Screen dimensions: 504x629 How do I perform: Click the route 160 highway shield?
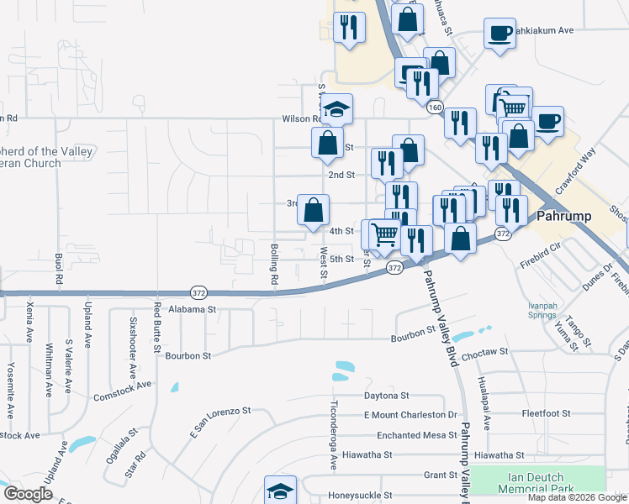tap(434, 108)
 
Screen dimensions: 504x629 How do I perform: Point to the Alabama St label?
tap(193, 309)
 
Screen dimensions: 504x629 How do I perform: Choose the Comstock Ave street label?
tap(122, 390)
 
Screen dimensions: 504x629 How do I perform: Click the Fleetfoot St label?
tap(546, 413)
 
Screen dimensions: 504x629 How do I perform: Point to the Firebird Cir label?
tap(540, 249)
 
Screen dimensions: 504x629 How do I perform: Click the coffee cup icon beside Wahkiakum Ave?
tap(499, 34)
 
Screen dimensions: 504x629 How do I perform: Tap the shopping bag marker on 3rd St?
tap(313, 210)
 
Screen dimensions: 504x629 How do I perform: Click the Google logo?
tap(29, 494)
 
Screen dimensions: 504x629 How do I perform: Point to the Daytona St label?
tap(386, 395)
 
